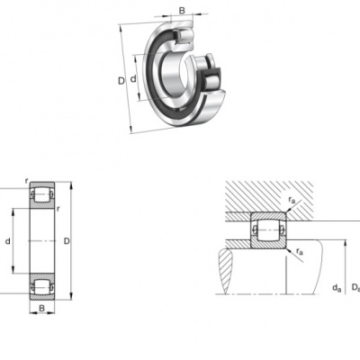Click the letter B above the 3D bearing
(x=182, y=11)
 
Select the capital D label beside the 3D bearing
(x=121, y=81)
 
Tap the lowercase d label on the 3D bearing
(x=133, y=79)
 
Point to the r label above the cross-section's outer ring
(x=27, y=181)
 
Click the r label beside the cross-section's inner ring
(x=58, y=209)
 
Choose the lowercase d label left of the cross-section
(x=8, y=240)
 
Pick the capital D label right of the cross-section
(x=67, y=240)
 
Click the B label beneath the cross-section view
(x=41, y=308)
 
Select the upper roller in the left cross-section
(x=42, y=194)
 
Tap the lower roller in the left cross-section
(x=42, y=287)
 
